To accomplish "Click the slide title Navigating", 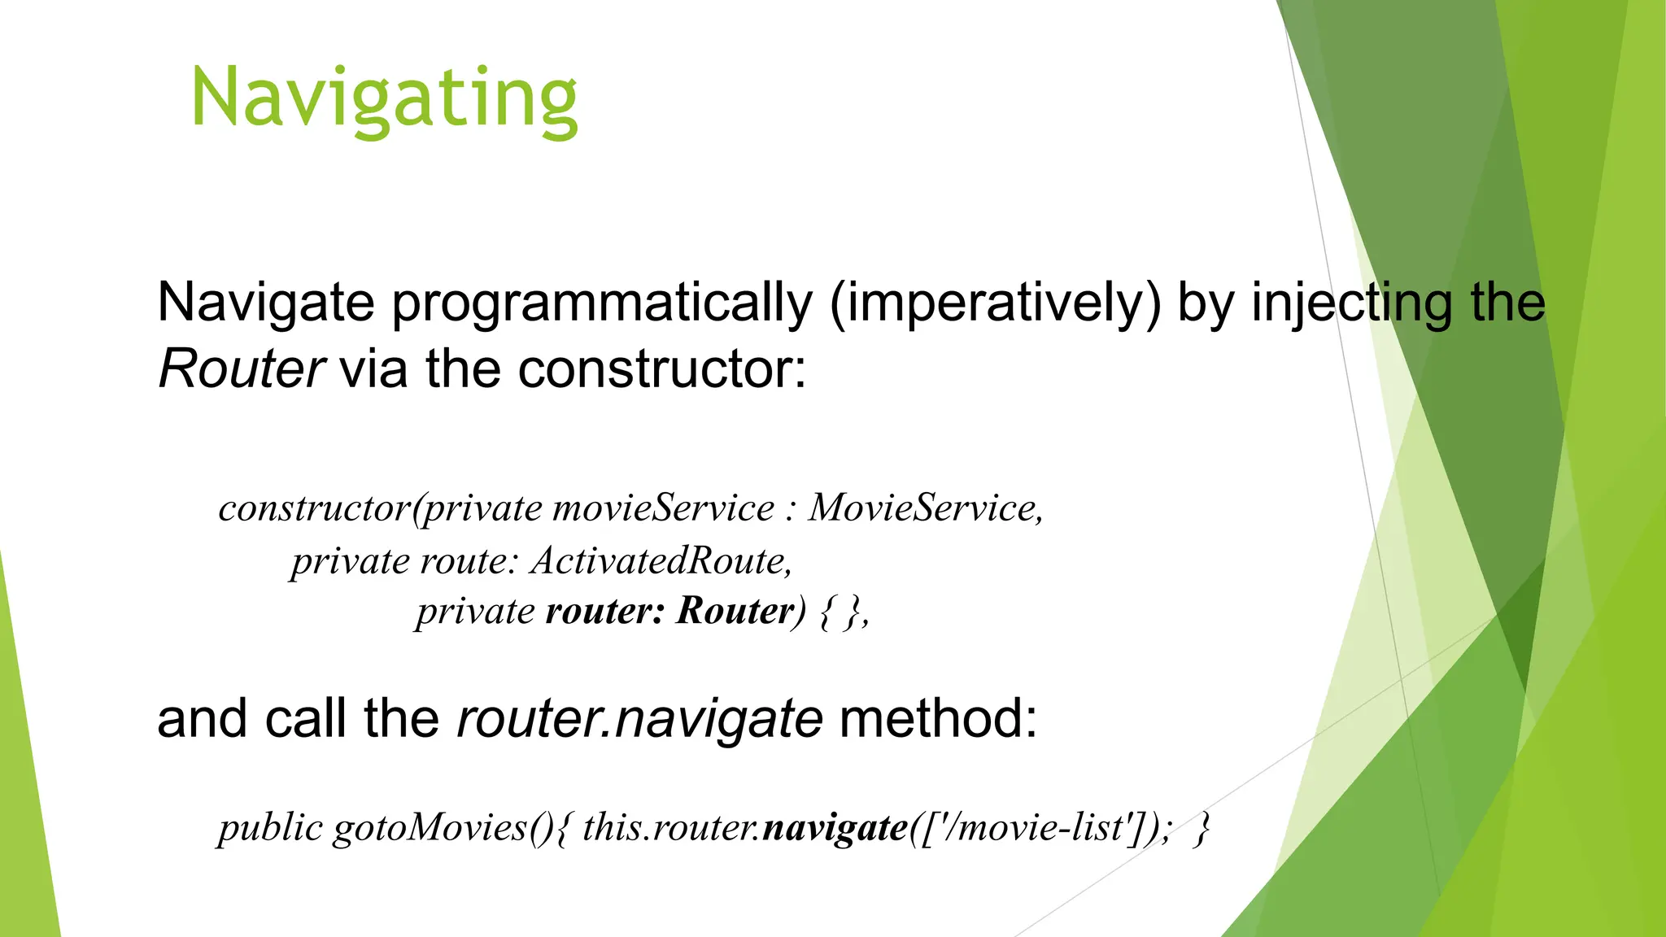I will click(384, 99).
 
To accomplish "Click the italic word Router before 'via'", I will click(242, 369).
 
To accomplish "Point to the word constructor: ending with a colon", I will click(661, 369).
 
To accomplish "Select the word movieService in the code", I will click(663, 509).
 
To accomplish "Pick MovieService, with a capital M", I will click(925, 509).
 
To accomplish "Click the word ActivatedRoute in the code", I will click(661, 561).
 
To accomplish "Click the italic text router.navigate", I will click(639, 720).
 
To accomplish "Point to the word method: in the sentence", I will click(938, 720).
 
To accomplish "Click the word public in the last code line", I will click(270, 828).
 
